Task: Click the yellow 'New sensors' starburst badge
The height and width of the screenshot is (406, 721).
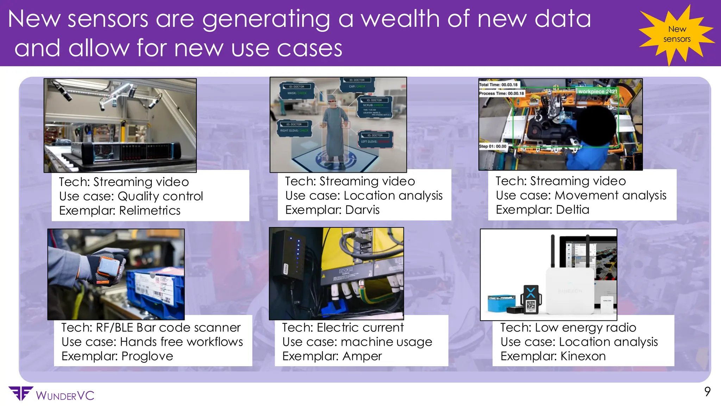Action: (676, 34)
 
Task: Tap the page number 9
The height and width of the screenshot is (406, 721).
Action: (707, 392)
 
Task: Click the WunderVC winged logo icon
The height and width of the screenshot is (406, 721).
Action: (21, 393)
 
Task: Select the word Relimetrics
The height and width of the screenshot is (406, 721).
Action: (150, 210)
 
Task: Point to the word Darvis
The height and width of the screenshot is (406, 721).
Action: (362, 210)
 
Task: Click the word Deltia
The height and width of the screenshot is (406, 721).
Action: (572, 210)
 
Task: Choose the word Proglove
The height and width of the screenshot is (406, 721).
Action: (147, 356)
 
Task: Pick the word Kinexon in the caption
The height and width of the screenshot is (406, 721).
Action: (583, 356)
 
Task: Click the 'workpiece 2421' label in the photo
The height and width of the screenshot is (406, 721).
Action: (597, 92)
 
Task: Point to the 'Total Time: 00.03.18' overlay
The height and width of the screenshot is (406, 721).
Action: (498, 85)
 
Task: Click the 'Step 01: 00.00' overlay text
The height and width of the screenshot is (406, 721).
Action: (493, 146)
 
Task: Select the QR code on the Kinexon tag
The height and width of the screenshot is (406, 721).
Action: (531, 305)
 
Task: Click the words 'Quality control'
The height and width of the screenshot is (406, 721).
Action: (160, 196)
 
